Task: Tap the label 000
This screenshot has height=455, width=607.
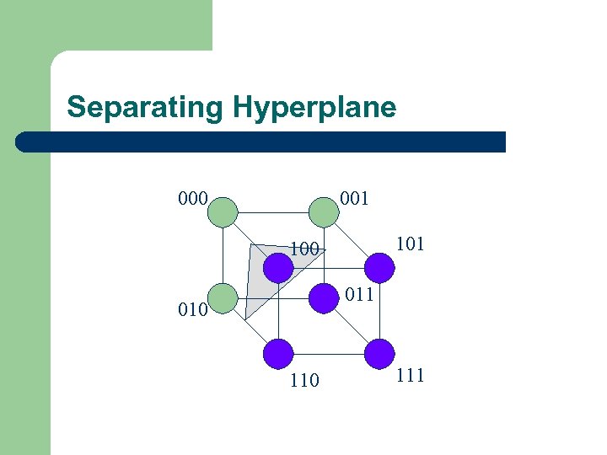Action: [194, 200]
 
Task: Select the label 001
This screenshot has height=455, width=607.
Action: [354, 200]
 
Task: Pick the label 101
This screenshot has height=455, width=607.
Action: [410, 244]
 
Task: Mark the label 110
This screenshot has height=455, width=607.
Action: [303, 381]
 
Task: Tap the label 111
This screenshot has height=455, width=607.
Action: [410, 376]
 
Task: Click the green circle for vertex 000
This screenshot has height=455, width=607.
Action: [223, 211]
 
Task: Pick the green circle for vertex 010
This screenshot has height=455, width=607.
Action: [223, 297]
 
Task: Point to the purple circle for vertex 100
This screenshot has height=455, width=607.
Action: [278, 268]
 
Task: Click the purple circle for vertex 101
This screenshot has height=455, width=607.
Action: [379, 268]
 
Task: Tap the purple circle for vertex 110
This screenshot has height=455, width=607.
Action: [278, 354]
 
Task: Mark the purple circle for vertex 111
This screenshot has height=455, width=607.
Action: [379, 354]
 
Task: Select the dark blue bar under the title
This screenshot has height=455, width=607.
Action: [261, 142]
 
